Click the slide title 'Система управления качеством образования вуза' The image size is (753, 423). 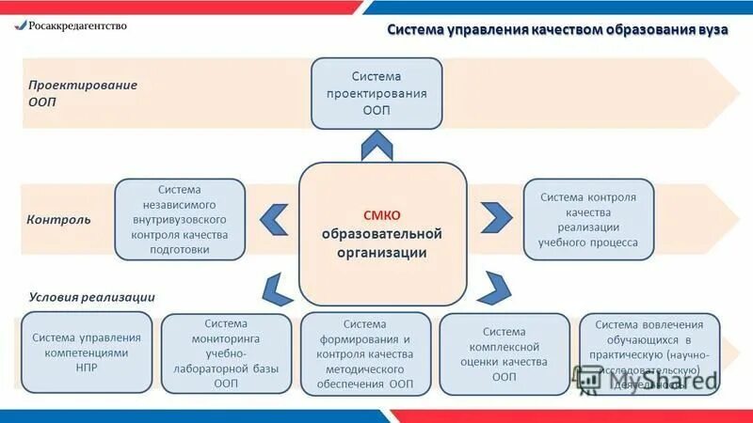(558, 30)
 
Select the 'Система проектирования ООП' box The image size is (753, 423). (376, 94)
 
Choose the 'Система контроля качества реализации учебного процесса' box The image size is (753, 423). (588, 219)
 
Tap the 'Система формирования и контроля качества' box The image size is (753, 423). (365, 353)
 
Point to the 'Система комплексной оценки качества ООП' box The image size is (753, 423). (505, 353)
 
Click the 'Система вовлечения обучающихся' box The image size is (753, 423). (649, 353)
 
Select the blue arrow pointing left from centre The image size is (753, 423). (274, 219)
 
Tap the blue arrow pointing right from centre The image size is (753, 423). (493, 219)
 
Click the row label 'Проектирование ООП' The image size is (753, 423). (82, 92)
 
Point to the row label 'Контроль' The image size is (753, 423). (59, 219)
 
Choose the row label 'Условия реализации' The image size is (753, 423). (91, 296)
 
